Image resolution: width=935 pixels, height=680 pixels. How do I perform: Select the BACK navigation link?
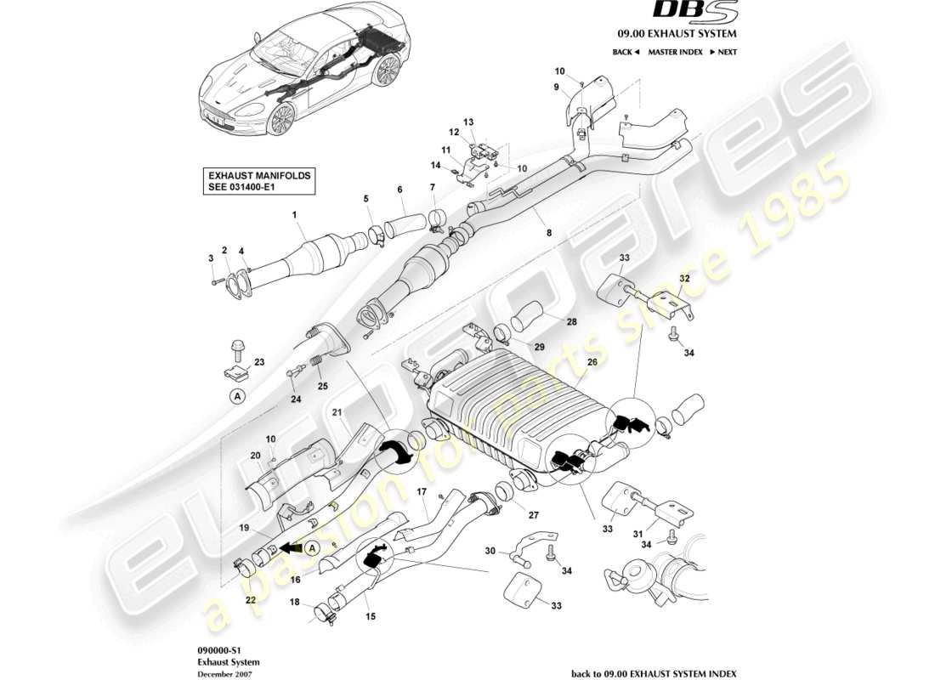click(x=626, y=52)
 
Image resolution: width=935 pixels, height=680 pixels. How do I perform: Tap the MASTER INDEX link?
click(x=675, y=52)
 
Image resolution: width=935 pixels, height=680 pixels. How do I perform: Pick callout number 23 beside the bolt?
click(x=258, y=362)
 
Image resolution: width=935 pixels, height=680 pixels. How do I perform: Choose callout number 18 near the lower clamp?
click(x=295, y=601)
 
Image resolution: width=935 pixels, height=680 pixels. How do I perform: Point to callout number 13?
click(x=467, y=121)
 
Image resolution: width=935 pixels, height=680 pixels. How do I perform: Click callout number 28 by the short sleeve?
click(x=547, y=321)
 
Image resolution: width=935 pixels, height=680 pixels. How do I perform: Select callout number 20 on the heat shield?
click(x=255, y=456)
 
